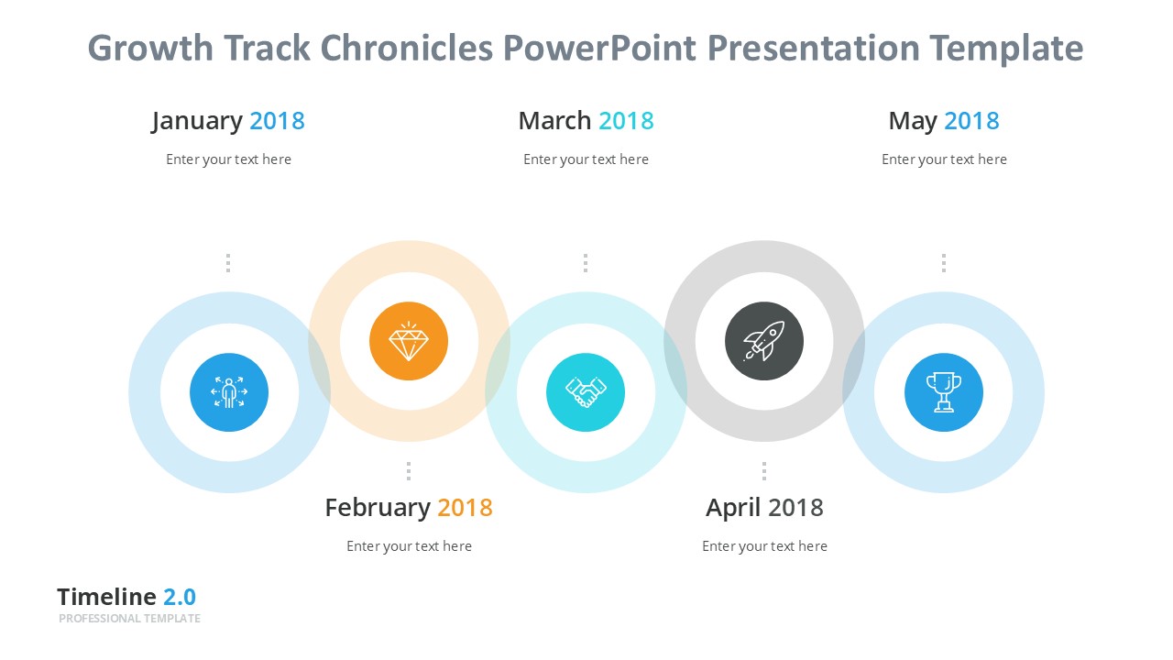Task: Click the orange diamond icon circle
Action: pos(409,341)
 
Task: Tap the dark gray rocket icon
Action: pos(764,341)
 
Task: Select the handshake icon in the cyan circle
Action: pos(586,392)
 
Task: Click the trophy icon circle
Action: pos(944,392)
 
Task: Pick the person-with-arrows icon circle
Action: pos(229,392)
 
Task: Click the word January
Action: pos(197,121)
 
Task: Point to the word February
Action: pos(378,508)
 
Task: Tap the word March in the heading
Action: pos(554,121)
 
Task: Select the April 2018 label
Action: pos(764,508)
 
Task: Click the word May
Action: pos(912,121)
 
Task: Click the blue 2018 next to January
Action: pos(277,121)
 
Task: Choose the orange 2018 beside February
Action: pos(465,508)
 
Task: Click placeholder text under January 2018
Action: pos(228,159)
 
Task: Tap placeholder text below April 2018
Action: pos(764,546)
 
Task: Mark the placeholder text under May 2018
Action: pos(944,159)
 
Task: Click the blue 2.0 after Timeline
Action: pos(180,597)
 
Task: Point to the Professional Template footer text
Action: pos(129,619)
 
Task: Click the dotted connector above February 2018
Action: pos(409,470)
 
